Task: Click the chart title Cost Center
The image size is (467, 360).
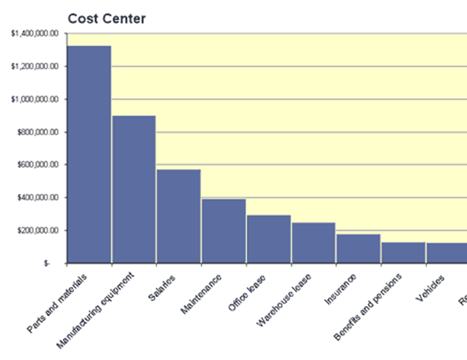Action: point(107,19)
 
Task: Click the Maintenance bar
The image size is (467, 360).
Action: point(224,231)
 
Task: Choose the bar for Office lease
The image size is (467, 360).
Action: point(269,240)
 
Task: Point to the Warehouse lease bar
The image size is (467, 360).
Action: point(314,243)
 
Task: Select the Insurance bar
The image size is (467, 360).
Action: point(359,249)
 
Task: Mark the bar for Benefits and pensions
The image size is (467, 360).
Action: point(403,253)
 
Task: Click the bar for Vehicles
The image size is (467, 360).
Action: point(447,253)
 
